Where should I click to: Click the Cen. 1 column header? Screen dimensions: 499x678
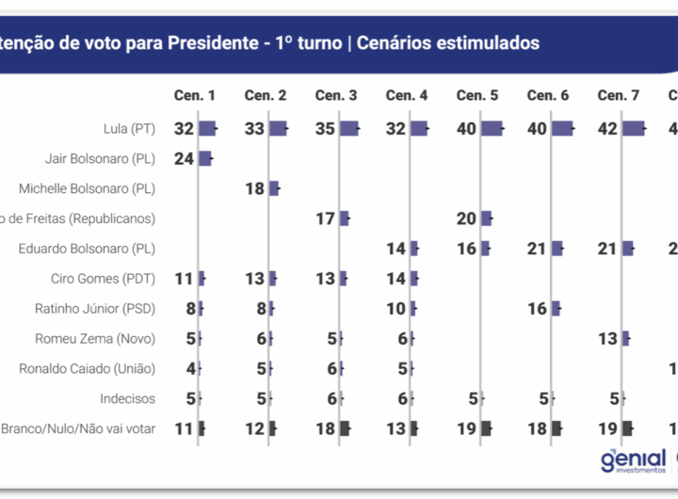tap(195, 95)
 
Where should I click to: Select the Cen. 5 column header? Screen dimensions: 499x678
tap(477, 95)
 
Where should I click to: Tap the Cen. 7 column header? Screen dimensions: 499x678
tap(619, 95)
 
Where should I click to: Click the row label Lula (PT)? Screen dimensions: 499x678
tap(129, 129)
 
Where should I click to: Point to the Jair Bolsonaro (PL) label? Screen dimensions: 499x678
tap(100, 159)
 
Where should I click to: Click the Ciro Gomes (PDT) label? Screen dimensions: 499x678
tap(103, 279)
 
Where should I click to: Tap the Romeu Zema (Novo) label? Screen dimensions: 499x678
tap(95, 338)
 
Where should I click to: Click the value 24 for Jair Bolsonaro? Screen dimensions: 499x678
tap(184, 159)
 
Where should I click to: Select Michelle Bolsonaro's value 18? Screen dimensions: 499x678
tap(254, 188)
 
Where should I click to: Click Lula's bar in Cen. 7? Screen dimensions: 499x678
tap(634, 129)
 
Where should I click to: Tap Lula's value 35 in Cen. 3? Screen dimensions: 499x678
tap(325, 129)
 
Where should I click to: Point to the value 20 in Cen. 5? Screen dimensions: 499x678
tap(466, 218)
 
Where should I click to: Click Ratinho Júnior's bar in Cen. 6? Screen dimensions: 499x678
tap(557, 308)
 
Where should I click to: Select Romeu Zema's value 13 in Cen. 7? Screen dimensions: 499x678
tap(607, 338)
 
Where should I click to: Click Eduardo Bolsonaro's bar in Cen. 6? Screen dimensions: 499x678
tap(557, 249)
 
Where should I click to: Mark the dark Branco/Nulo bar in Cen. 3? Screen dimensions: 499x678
tap(345, 428)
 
